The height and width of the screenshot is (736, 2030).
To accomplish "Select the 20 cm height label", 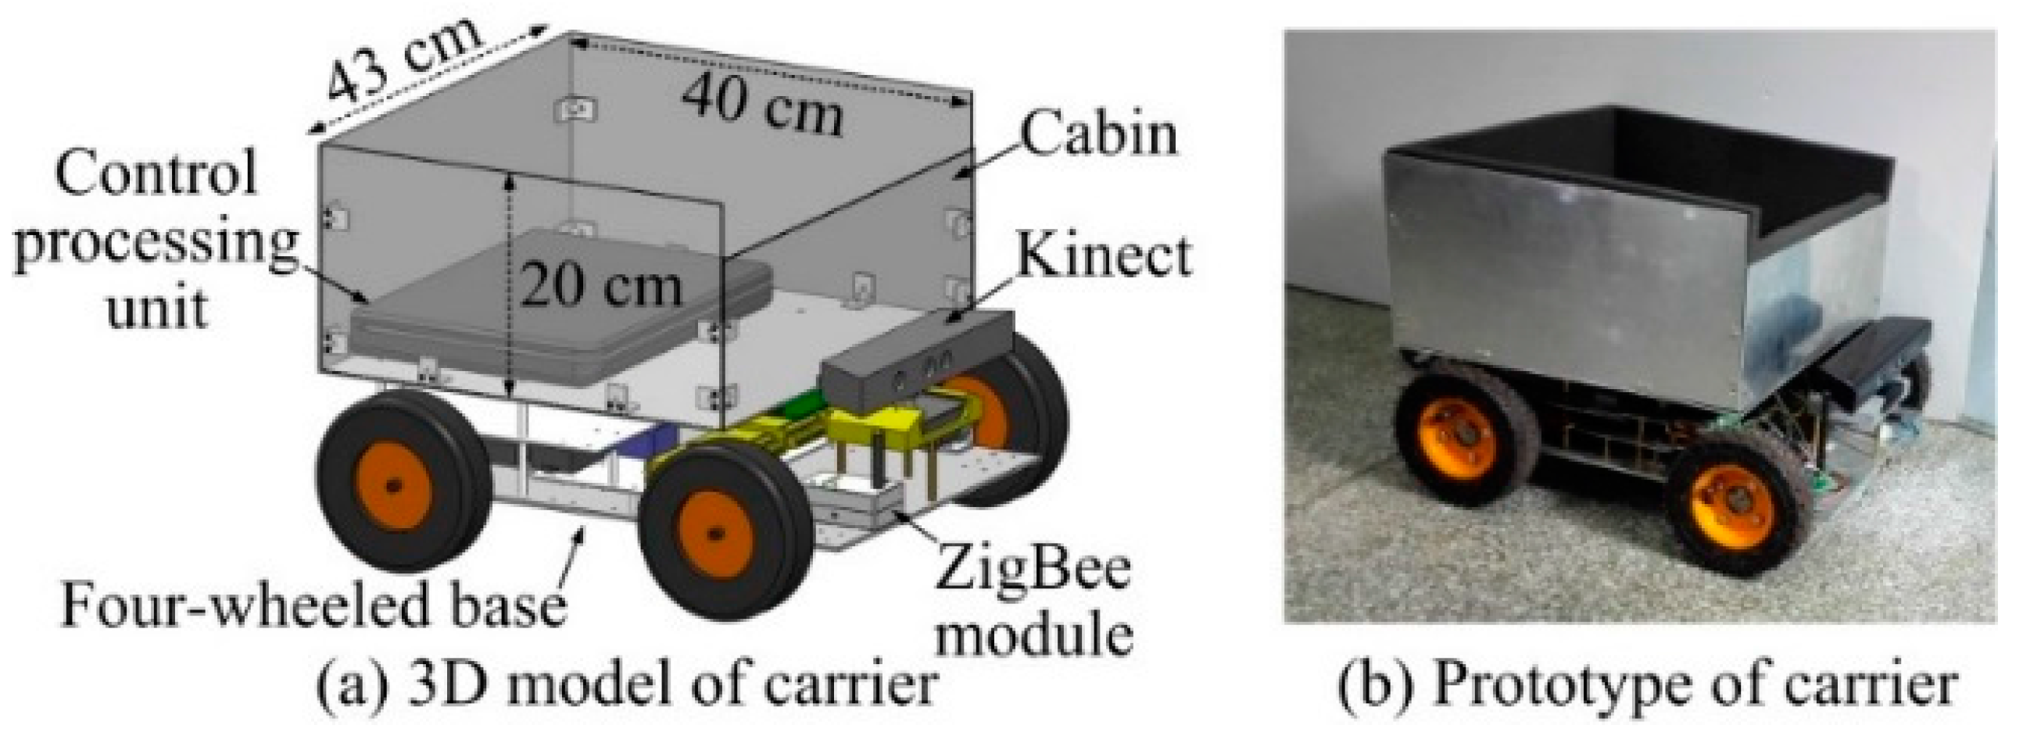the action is point(600,285).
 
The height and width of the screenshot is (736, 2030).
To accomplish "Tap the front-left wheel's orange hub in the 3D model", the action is point(714,534).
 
